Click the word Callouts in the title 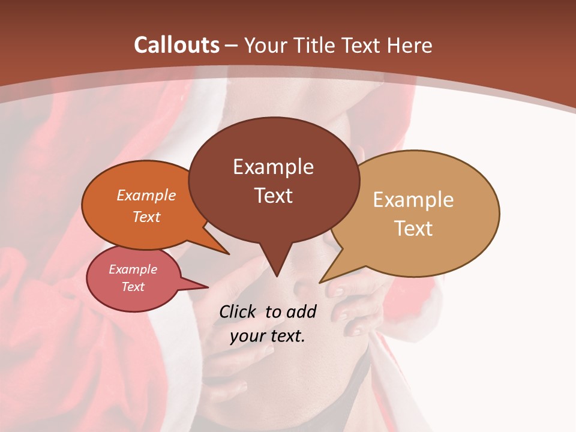click(x=177, y=45)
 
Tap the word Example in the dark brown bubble click(x=273, y=167)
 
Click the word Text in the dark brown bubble click(x=273, y=195)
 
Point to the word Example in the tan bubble click(x=413, y=200)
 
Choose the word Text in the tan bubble click(x=413, y=228)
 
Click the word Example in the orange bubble click(x=146, y=195)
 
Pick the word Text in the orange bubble click(x=146, y=217)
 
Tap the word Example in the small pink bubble click(x=133, y=269)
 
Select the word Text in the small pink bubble click(x=133, y=287)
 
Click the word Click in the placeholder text click(x=238, y=311)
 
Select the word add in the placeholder click(x=301, y=311)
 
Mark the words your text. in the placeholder click(x=267, y=336)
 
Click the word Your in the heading click(x=263, y=45)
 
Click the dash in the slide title click(x=232, y=45)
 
